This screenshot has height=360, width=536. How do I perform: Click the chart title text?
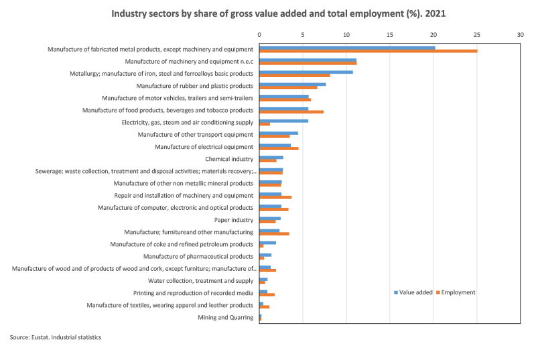tap(267, 13)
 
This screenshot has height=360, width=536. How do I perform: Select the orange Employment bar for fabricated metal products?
tap(368, 51)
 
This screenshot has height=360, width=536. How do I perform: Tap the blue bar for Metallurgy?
tap(306, 72)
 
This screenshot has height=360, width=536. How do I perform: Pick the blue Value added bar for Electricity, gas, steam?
tap(283, 121)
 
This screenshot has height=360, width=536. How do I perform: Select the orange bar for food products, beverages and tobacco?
tap(291, 112)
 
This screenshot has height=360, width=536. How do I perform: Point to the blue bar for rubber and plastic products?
tap(292, 84)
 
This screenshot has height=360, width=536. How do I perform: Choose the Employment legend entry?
tap(458, 292)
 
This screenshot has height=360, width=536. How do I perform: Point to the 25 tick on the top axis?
tap(476, 33)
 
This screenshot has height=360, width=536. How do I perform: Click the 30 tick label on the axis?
tap(520, 33)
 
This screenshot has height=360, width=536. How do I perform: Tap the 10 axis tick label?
tap(346, 33)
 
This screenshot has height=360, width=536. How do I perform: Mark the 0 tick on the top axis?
tap(259, 33)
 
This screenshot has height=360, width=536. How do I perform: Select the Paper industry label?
tap(233, 220)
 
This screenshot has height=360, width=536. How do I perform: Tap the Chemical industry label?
tap(229, 159)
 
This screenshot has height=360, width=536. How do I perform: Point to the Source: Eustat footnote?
tap(55, 337)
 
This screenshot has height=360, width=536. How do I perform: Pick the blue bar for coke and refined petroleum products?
tap(267, 243)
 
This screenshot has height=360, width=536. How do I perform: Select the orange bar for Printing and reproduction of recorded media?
tap(267, 295)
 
